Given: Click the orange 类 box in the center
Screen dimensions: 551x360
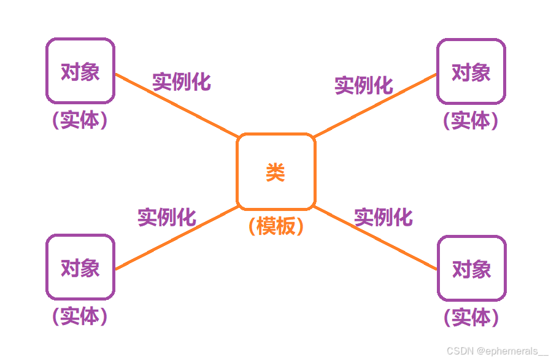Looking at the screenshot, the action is (237, 172).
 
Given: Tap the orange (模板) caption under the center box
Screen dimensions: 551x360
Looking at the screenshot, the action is (276, 226).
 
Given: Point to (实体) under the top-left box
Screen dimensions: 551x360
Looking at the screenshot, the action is (80, 120).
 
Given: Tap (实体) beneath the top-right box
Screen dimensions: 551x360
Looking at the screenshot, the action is (471, 120).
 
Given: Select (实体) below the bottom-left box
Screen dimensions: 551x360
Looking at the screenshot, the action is (80, 316).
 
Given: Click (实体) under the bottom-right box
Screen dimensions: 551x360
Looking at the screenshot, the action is (471, 317).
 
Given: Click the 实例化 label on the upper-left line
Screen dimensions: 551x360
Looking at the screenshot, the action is (182, 82).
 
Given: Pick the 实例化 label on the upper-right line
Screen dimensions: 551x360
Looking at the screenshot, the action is (364, 85).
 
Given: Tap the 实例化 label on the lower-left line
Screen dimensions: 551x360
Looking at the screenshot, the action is (167, 217).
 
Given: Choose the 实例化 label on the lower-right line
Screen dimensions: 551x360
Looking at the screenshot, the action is (383, 217).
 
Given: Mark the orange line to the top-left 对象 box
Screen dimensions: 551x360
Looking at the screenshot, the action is (177, 105).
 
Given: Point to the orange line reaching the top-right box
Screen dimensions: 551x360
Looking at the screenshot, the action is (376, 105).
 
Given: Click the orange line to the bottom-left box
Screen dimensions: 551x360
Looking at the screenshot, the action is (177, 238).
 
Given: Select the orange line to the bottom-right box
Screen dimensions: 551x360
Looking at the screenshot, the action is (376, 238).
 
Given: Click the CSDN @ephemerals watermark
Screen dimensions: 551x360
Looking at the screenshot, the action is (497, 351).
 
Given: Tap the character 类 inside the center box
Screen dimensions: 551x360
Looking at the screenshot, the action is (275, 172).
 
